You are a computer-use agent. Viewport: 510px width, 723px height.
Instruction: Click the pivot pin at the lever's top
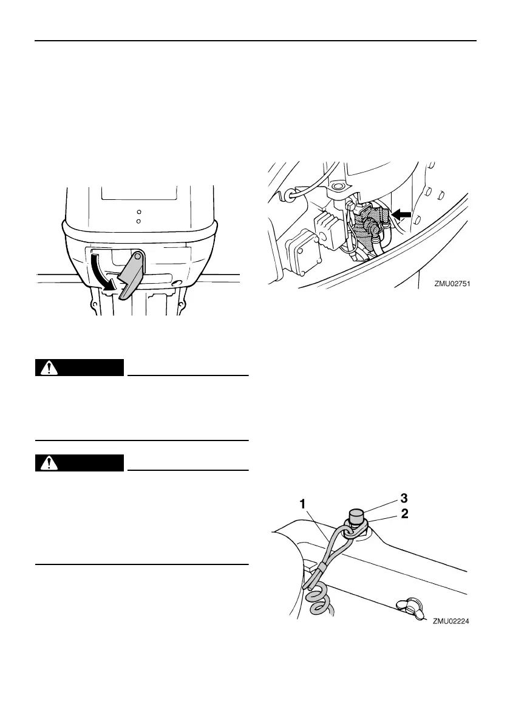tap(139, 256)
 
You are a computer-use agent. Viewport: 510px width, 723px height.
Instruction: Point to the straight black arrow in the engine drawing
tap(401, 213)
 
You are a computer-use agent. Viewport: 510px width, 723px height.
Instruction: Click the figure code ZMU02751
tap(453, 283)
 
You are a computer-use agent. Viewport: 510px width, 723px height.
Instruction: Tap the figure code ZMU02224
tap(452, 621)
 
